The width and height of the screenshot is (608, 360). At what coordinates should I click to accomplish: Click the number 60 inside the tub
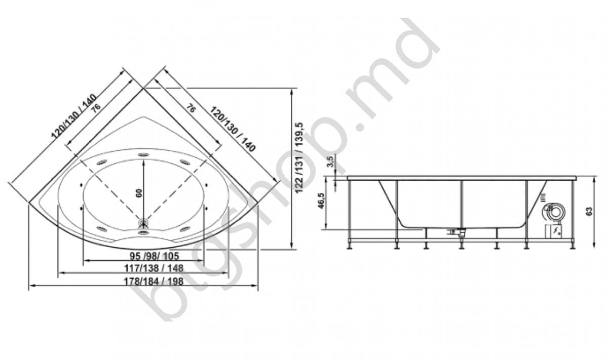(x=139, y=192)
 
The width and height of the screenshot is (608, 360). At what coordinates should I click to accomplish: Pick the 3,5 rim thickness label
(x=330, y=163)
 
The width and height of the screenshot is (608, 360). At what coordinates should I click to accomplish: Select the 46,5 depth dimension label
(x=330, y=201)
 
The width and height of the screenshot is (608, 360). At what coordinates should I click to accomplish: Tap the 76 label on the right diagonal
(x=191, y=108)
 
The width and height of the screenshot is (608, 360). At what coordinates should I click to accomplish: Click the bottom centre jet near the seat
(x=143, y=232)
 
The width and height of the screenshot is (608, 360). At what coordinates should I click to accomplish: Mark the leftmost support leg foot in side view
(x=350, y=247)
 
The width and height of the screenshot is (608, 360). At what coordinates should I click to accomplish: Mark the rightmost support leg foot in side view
(x=573, y=247)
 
